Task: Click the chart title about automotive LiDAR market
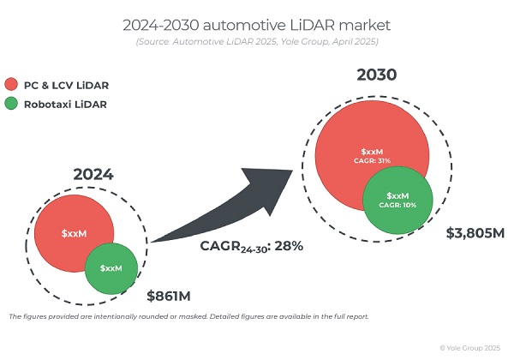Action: coord(256,25)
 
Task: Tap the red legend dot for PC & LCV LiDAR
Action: coord(11,85)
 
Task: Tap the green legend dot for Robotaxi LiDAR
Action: coord(11,105)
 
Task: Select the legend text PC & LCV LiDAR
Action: coord(67,85)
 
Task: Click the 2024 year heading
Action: coord(93,175)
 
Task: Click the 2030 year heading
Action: coord(377,75)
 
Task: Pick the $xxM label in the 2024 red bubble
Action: coord(75,233)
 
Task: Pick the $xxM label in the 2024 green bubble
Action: coord(111,268)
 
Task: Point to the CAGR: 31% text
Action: coord(372,160)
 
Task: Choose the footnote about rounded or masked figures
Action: coord(188,316)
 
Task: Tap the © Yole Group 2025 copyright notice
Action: coord(470,348)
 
